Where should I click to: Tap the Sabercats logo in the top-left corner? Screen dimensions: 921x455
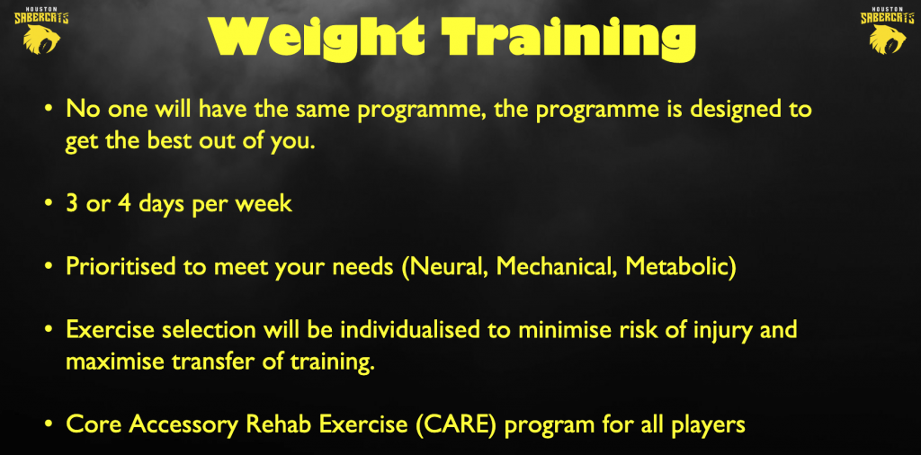[41, 31]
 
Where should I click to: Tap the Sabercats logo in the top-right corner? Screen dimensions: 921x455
[888, 31]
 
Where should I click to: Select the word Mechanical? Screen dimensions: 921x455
[556, 266]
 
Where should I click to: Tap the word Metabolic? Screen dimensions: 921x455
[675, 266]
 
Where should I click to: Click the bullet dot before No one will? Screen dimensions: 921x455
[50, 111]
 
